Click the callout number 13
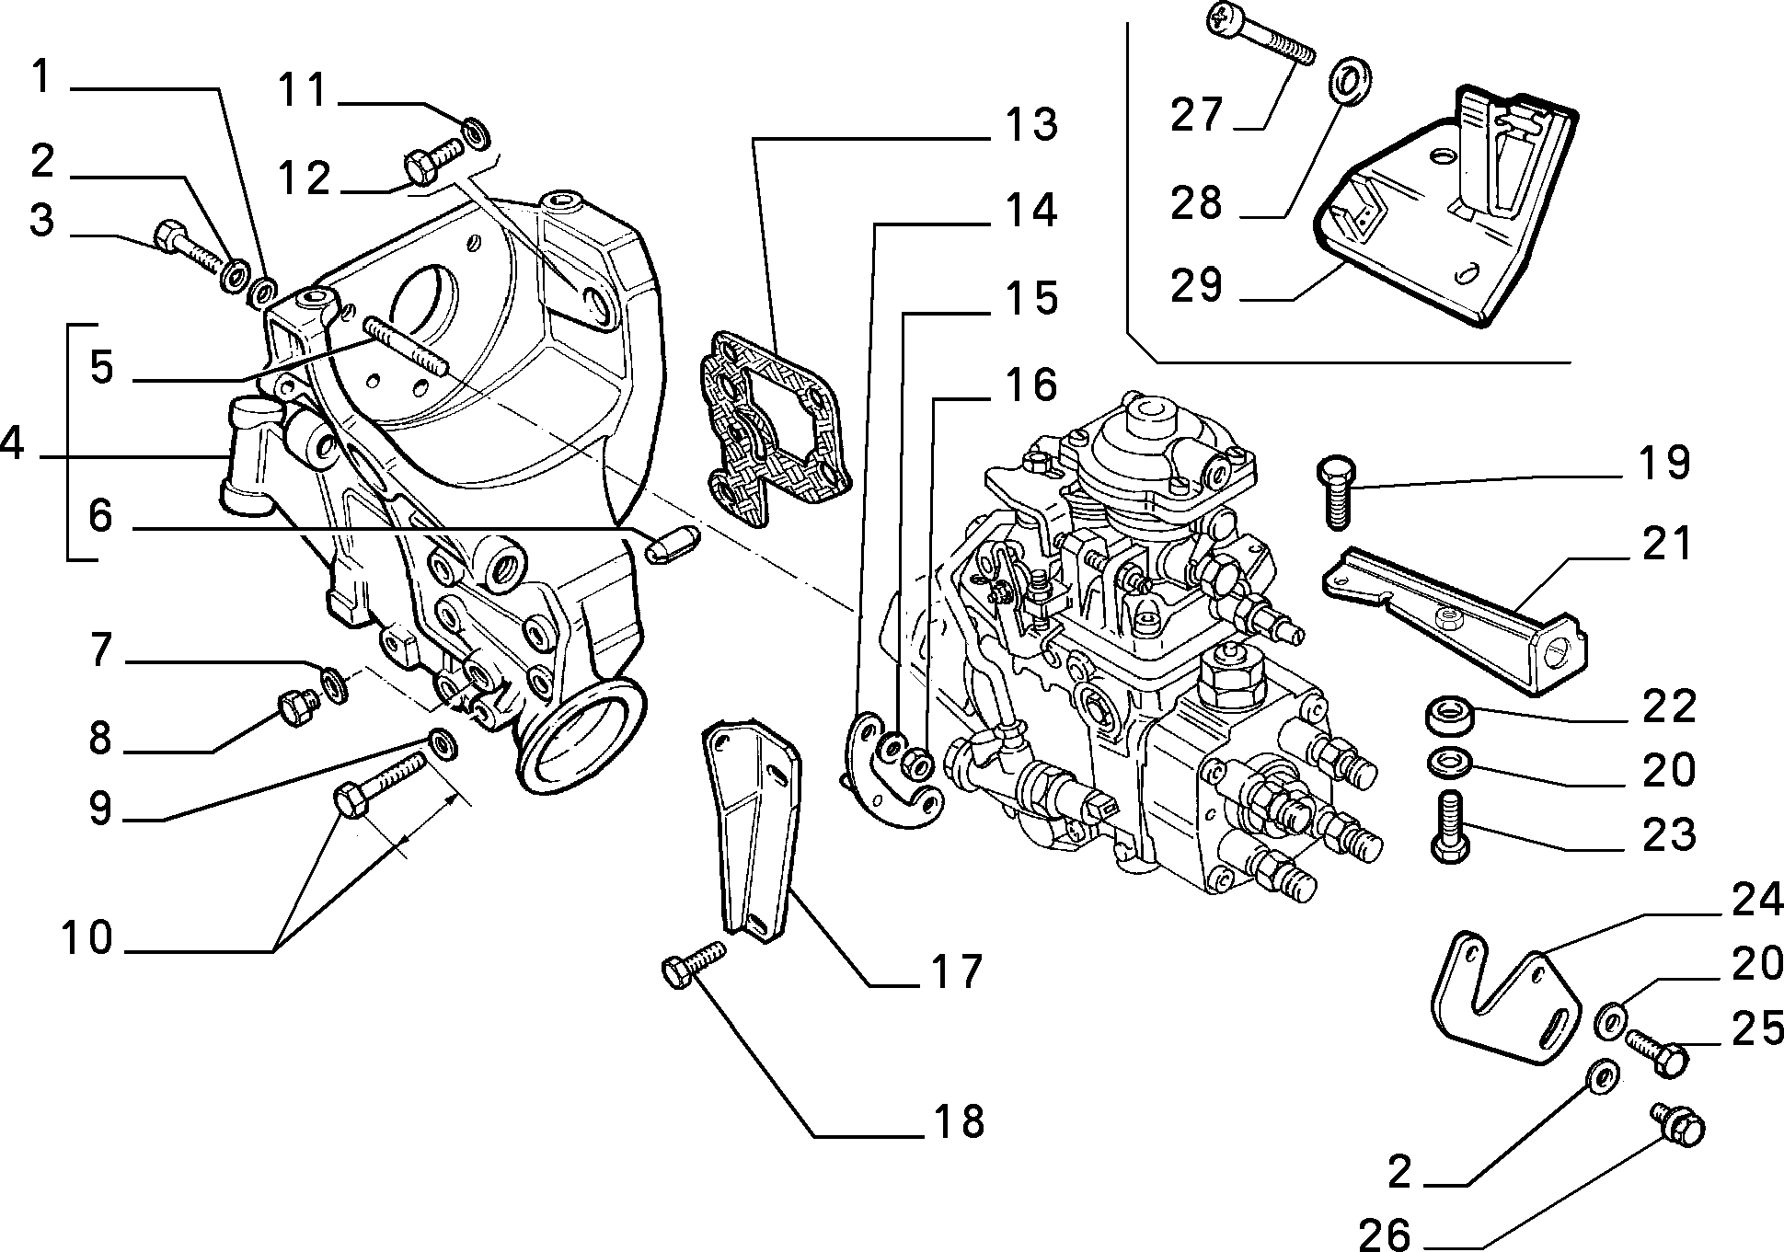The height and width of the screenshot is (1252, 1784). [x=1030, y=125]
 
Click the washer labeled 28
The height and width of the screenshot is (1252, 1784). [x=1350, y=78]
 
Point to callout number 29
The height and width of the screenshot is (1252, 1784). [x=1197, y=284]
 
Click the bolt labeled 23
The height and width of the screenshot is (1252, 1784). [x=1449, y=827]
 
